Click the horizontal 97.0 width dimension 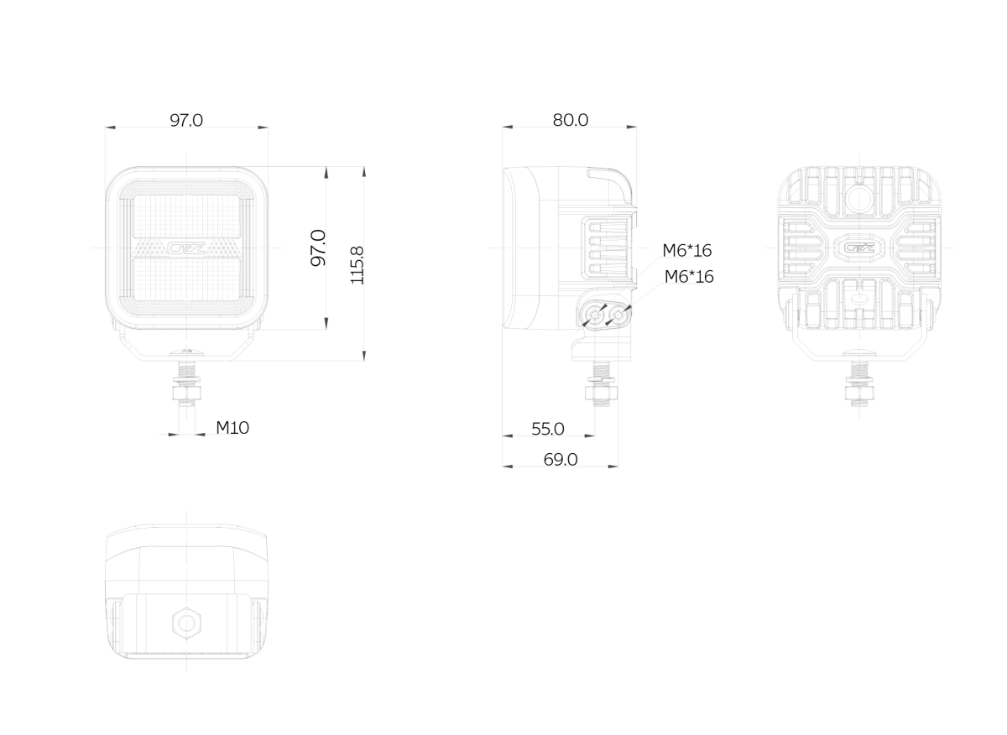click(x=186, y=121)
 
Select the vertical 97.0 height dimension click(x=318, y=248)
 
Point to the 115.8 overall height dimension click(x=357, y=265)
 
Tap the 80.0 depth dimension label click(x=570, y=120)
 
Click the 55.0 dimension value click(x=547, y=429)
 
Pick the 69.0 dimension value click(x=561, y=460)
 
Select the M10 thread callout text click(x=232, y=428)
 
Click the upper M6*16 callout click(x=686, y=250)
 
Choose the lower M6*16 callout click(x=689, y=277)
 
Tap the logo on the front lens click(x=186, y=248)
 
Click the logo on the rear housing click(x=859, y=248)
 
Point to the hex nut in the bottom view click(x=186, y=623)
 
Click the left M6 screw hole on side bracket click(x=595, y=316)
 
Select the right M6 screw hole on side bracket click(x=618, y=316)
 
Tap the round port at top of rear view click(x=859, y=197)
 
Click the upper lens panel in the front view click(x=186, y=216)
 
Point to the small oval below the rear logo click(x=859, y=300)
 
